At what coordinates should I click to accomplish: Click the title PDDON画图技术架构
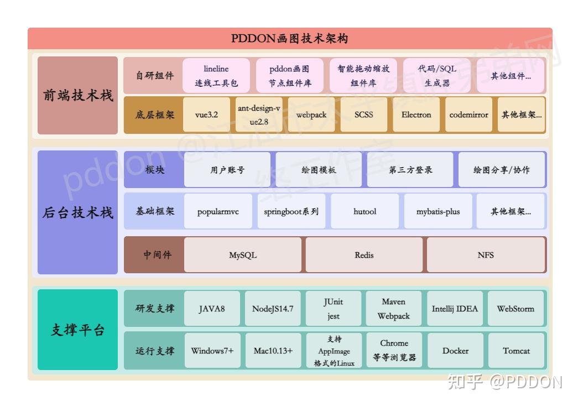pos(289,39)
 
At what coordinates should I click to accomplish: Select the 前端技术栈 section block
pos(78,95)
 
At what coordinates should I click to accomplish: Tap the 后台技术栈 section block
pos(78,212)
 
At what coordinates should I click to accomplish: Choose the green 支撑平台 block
pos(78,330)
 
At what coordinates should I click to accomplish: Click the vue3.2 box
pos(206,115)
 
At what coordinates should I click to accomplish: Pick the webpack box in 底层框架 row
pos(311,115)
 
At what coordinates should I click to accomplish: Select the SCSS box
pos(364,115)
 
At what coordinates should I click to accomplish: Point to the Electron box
pos(416,115)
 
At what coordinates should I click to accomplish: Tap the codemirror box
pos(468,115)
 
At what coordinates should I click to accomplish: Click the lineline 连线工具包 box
pos(216,76)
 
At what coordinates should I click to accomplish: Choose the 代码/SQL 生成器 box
pos(437,76)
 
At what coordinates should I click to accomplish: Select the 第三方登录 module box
pos(410,170)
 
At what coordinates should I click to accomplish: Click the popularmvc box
pos(218,211)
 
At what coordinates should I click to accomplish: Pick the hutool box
pos(364,211)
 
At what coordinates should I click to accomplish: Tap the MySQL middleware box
pos(243,255)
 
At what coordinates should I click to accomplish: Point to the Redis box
pos(364,255)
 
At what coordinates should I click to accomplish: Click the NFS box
pos(486,255)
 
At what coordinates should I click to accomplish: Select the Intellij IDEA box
pos(455,309)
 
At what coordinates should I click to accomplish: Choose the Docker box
pos(455,351)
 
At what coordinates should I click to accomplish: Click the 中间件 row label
pos(158,255)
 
